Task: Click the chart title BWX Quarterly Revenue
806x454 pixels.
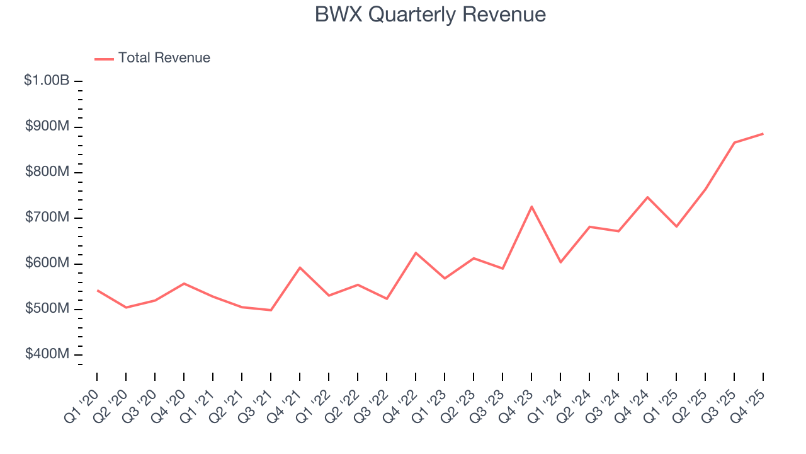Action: click(430, 15)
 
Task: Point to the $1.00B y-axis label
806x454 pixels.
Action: click(47, 81)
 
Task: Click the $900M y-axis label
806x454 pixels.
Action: click(47, 127)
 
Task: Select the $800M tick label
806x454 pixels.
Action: click(47, 172)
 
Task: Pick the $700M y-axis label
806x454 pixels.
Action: click(47, 218)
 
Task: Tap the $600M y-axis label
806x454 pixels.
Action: click(47, 263)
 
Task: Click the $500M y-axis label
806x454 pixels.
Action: click(47, 309)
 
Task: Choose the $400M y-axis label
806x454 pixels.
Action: click(47, 354)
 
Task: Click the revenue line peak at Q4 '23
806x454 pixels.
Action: click(531, 206)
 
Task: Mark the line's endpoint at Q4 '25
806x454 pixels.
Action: click(763, 134)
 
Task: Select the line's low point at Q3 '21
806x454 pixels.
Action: click(271, 310)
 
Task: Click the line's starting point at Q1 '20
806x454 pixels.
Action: click(97, 290)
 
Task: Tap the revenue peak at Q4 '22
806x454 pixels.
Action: click(416, 253)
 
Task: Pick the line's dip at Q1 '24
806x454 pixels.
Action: click(560, 262)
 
